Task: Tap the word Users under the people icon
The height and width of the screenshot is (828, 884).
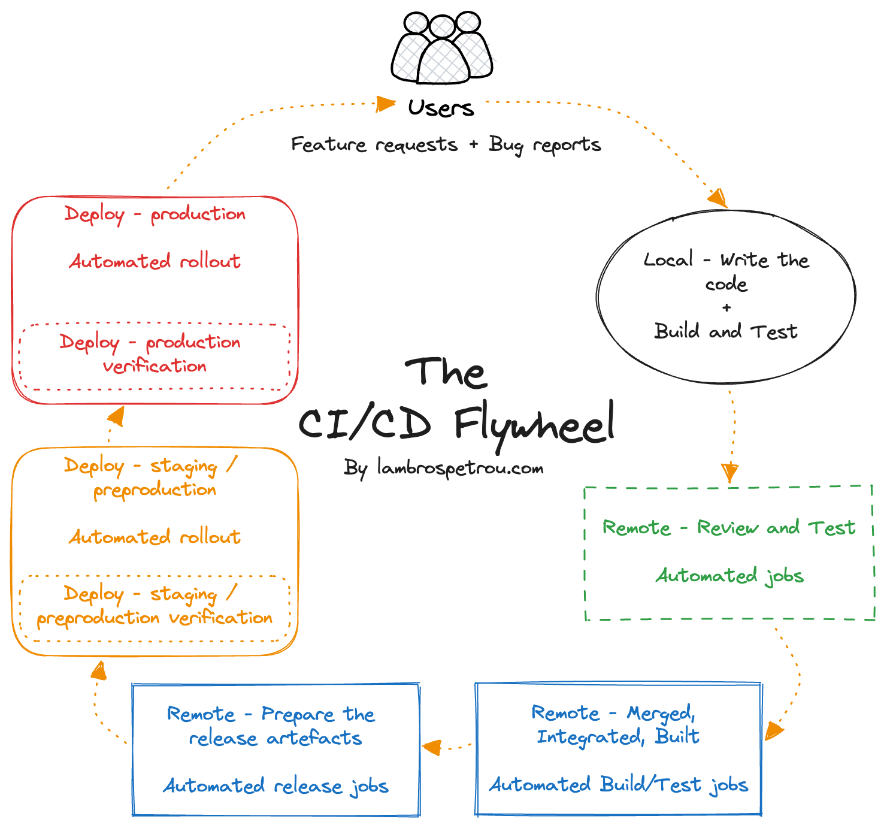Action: tap(441, 108)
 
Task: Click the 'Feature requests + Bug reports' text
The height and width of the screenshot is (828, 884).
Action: tap(446, 145)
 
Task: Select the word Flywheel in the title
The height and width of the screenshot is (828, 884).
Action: tap(534, 424)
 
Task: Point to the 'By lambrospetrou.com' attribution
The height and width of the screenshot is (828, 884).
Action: tap(444, 468)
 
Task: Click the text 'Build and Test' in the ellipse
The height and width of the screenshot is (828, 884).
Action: tap(726, 331)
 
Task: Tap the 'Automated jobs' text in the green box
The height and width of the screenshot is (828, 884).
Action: tap(729, 576)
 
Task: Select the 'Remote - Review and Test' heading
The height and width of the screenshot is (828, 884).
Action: tap(729, 528)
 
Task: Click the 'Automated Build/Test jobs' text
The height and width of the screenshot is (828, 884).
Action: tap(619, 785)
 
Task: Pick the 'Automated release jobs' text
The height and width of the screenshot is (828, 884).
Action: tap(276, 785)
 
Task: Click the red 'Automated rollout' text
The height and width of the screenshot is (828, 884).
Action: tap(155, 261)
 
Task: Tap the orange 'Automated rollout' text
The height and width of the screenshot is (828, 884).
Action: tap(155, 537)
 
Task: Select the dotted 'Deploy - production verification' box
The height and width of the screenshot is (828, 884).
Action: tap(155, 356)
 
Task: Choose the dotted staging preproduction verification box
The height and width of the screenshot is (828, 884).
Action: tap(155, 608)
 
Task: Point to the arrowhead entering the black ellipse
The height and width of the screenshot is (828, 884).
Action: tap(718, 197)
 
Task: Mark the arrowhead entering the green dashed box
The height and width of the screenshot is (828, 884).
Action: tap(729, 473)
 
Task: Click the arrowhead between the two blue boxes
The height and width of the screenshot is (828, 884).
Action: tap(431, 747)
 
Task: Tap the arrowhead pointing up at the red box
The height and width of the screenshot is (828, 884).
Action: tap(115, 416)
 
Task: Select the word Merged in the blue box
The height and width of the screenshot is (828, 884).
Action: tap(661, 713)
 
